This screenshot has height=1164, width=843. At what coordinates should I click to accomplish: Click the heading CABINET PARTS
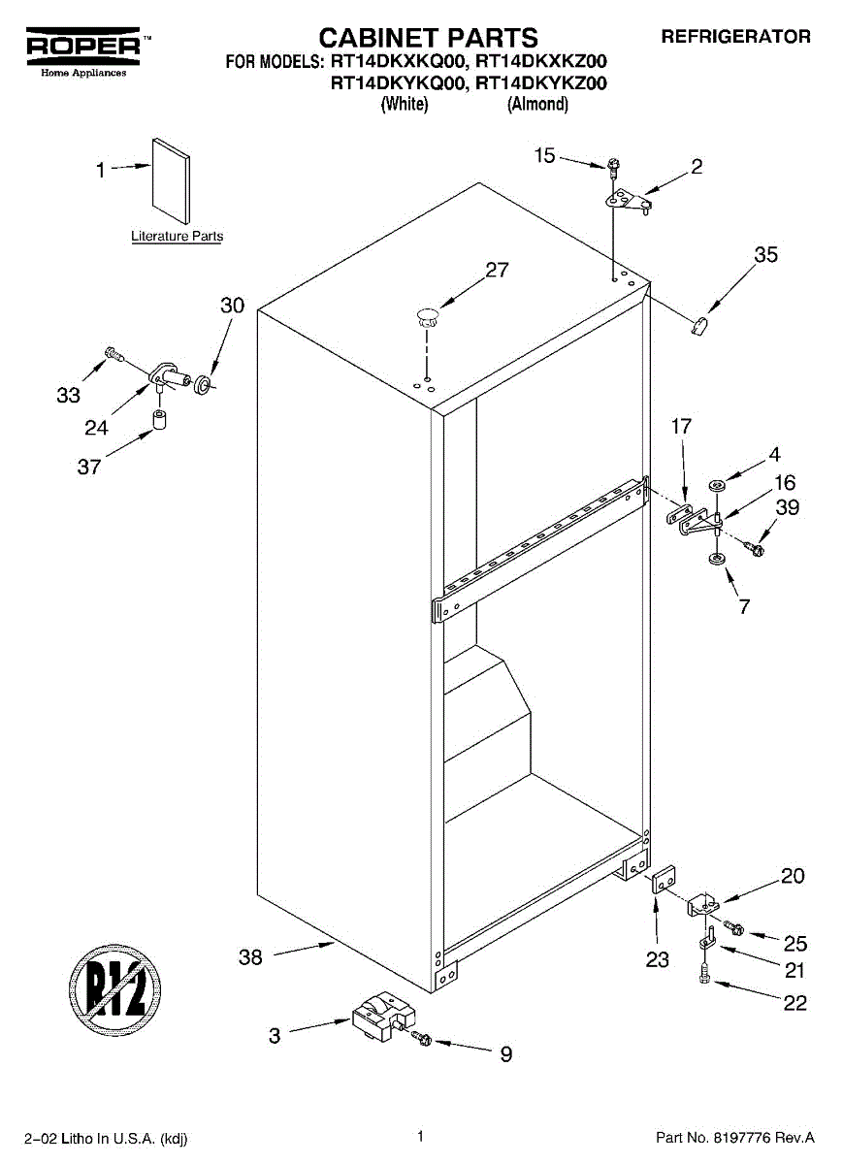[x=428, y=38]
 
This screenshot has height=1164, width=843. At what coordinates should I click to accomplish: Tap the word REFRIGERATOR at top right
[x=735, y=37]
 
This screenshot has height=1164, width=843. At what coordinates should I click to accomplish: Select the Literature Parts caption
[x=178, y=236]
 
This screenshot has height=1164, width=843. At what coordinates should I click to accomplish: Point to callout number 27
[x=497, y=271]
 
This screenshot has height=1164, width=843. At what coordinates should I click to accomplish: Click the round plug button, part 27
[x=427, y=312]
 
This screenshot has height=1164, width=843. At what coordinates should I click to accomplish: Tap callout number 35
[x=765, y=255]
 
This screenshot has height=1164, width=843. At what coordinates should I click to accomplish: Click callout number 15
[x=545, y=154]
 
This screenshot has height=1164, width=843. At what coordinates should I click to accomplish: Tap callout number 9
[x=505, y=1054]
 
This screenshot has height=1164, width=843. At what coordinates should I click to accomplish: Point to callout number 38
[x=250, y=957]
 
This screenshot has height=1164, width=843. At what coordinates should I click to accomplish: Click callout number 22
[x=794, y=1004]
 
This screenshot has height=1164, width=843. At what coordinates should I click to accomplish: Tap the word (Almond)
[x=537, y=104]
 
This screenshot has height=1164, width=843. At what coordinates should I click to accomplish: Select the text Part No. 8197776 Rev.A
[x=735, y=1137]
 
